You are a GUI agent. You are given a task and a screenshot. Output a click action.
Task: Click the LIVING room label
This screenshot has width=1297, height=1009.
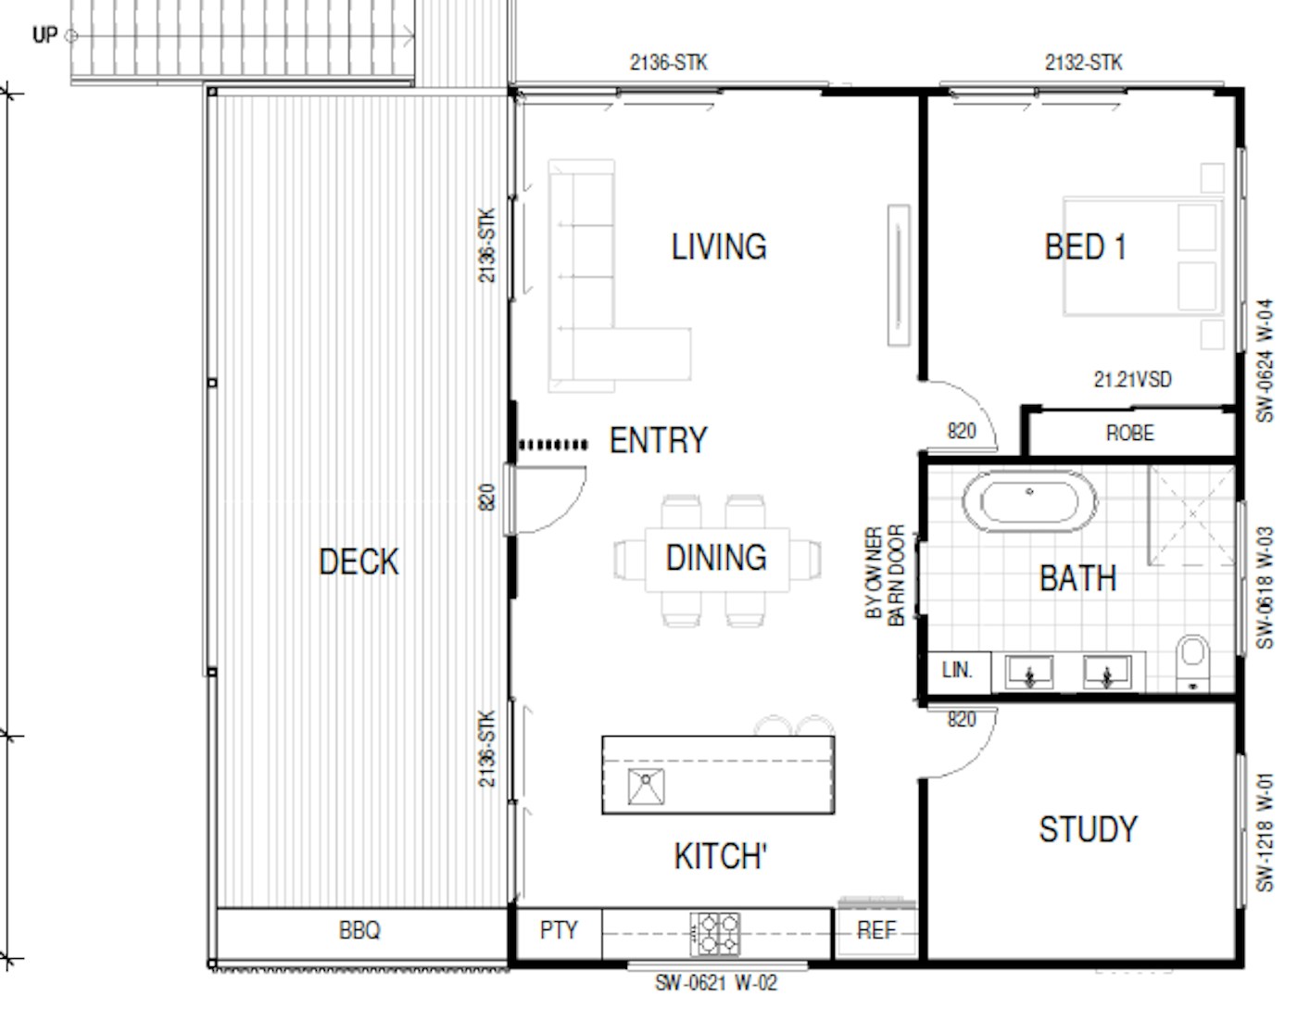(x=719, y=246)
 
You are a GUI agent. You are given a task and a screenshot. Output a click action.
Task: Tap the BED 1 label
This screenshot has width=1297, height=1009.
(x=1085, y=246)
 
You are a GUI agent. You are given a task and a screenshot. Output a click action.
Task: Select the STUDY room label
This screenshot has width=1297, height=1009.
(x=1089, y=829)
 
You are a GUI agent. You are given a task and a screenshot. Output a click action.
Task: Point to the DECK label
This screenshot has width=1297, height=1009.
(x=359, y=562)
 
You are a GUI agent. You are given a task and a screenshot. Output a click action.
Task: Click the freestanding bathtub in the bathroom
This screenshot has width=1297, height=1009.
(x=1029, y=502)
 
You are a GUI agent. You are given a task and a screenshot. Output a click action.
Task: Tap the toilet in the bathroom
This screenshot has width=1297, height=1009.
(x=1192, y=663)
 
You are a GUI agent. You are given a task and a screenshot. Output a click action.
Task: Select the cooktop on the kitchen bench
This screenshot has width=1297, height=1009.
(x=714, y=934)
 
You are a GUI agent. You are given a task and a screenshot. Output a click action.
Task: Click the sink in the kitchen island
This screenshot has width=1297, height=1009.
(x=646, y=787)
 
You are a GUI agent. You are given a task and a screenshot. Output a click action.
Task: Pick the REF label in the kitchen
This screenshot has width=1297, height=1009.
(x=876, y=930)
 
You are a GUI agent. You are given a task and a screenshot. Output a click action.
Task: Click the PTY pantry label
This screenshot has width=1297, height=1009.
(x=559, y=930)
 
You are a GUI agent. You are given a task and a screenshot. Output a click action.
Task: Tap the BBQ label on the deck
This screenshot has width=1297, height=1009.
(x=359, y=930)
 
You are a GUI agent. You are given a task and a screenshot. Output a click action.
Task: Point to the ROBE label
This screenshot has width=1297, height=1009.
(x=1130, y=433)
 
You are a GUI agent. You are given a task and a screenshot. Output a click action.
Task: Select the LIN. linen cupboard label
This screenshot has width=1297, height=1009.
(x=957, y=670)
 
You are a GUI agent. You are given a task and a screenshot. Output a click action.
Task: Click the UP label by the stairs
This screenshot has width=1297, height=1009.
(x=44, y=35)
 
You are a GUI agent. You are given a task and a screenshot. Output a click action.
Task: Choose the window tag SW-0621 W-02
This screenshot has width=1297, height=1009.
(x=716, y=983)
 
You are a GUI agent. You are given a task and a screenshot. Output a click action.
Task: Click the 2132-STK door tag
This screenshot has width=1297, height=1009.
(x=1083, y=63)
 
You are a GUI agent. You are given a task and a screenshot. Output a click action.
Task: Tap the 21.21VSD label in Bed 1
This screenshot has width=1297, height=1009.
(x=1132, y=380)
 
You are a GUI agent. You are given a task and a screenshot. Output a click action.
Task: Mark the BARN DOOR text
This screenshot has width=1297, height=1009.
(x=896, y=575)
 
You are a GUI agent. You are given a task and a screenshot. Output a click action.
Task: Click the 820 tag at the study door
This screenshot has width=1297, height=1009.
(x=962, y=720)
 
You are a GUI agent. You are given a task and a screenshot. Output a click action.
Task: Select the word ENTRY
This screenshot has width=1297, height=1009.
(x=659, y=440)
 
